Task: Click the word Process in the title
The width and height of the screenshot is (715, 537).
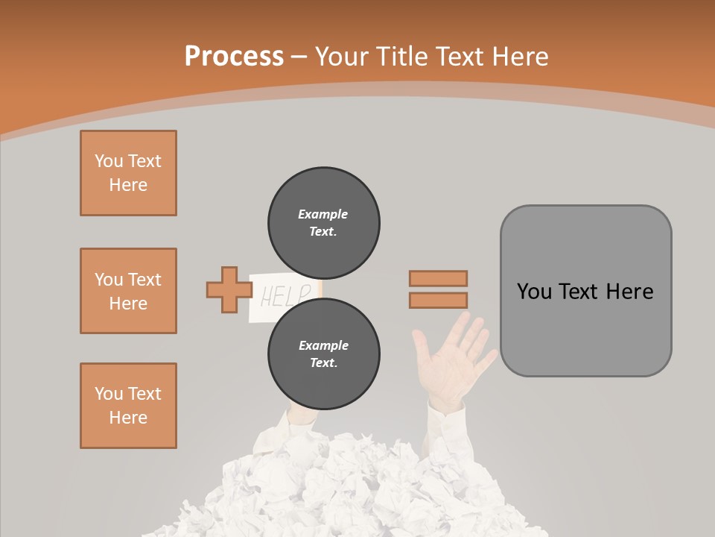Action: click(234, 56)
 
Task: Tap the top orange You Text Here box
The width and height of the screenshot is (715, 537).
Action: click(128, 173)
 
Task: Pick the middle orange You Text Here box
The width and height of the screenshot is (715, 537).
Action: click(128, 291)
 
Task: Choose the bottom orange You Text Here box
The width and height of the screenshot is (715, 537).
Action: click(128, 406)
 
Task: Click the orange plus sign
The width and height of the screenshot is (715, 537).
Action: click(229, 289)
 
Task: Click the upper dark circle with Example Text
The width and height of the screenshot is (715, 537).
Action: click(323, 223)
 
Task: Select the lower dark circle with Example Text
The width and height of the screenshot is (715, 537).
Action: click(323, 354)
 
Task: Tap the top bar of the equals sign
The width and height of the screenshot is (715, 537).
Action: click(438, 278)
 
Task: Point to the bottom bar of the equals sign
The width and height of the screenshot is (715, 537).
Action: click(438, 301)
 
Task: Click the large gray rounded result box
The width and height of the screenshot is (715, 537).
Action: click(585, 291)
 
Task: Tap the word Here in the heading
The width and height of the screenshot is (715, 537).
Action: click(520, 56)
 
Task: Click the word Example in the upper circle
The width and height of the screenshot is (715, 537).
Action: click(323, 214)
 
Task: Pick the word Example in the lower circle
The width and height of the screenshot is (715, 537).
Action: click(323, 345)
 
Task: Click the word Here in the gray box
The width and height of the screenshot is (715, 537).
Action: click(630, 291)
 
